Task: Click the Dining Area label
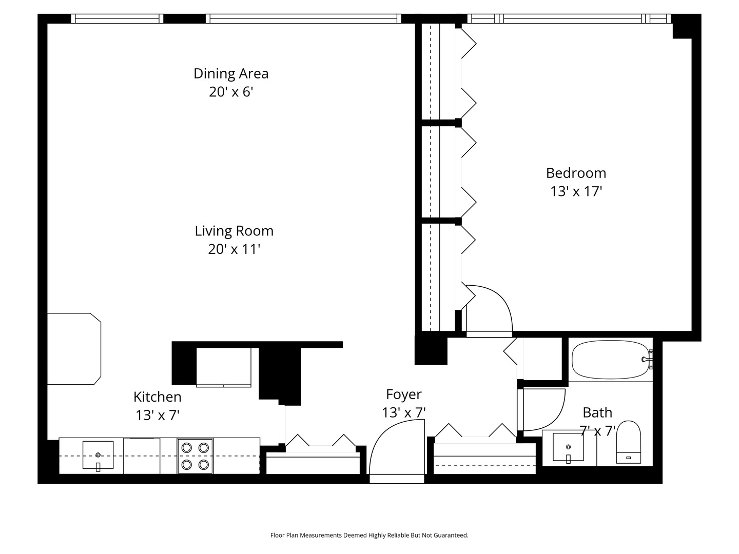231,73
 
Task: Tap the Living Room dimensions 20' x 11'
234,249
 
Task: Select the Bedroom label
576,173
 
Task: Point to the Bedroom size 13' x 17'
576,191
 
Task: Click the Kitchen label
157,397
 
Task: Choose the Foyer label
404,394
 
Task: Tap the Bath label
597,412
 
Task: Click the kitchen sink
98,455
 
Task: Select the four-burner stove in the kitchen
195,456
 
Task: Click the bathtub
610,360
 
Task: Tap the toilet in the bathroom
629,442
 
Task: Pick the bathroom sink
568,446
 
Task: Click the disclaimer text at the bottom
369,535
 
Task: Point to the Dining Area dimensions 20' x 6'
231,92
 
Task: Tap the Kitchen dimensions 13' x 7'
157,415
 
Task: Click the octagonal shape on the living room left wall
74,349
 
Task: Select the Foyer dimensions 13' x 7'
404,412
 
